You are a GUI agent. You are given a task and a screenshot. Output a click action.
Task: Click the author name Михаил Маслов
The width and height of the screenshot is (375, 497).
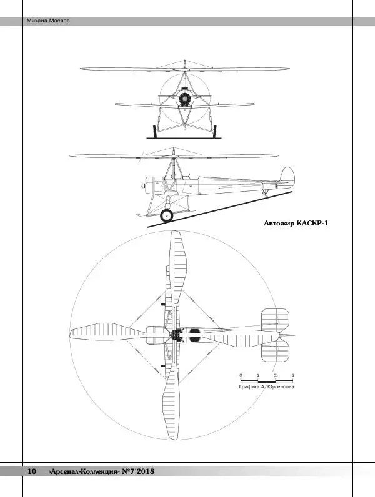[48, 21]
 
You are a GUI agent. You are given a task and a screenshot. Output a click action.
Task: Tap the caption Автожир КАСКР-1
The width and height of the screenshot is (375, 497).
[296, 223]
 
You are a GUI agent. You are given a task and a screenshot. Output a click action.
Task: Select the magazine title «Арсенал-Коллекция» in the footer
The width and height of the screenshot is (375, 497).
[84, 471]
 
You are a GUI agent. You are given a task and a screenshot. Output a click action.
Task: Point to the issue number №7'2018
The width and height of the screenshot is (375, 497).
[138, 471]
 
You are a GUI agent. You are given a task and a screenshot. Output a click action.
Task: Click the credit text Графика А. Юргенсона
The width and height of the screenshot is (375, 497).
[267, 387]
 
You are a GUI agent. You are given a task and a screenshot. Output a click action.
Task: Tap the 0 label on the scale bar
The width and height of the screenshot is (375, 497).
[241, 375]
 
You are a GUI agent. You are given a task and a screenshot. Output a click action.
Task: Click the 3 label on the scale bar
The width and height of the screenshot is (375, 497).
[292, 375]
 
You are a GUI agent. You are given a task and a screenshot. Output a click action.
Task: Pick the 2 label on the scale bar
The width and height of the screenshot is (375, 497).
[275, 375]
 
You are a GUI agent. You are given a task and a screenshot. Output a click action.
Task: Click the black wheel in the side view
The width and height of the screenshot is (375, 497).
[167, 215]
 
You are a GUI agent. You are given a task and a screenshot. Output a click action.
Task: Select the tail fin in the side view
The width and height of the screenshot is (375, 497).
[287, 176]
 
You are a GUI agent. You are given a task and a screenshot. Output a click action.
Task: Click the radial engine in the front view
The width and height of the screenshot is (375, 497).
[184, 98]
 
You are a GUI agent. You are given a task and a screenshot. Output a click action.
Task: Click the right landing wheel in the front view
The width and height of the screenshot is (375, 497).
[216, 131]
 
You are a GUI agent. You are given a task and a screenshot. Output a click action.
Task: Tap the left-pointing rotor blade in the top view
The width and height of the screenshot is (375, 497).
[106, 332]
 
